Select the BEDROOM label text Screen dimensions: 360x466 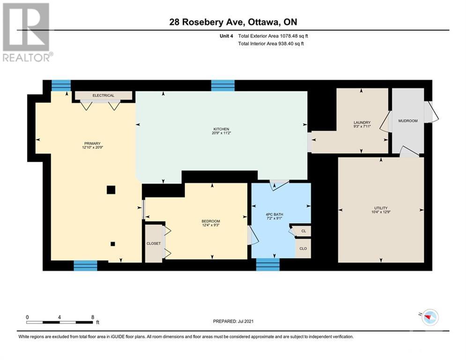point(210,221)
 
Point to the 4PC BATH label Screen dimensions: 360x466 point(274,215)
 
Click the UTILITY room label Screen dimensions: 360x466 point(380,208)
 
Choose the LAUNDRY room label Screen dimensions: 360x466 point(362,123)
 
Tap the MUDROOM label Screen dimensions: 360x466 point(407,121)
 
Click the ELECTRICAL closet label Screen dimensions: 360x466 point(103,96)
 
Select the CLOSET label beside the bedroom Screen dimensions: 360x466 point(153,243)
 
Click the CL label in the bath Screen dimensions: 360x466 point(303,231)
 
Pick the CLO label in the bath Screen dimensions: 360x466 point(303,248)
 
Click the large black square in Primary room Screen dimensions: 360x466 point(111,189)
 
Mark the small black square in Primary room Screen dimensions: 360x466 point(112,244)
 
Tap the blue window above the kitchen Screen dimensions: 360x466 point(222,85)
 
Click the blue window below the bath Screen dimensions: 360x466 point(267,264)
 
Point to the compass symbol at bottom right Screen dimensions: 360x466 point(428,318)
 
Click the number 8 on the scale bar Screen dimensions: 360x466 point(92,317)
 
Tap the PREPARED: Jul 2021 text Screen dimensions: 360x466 point(233,321)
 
